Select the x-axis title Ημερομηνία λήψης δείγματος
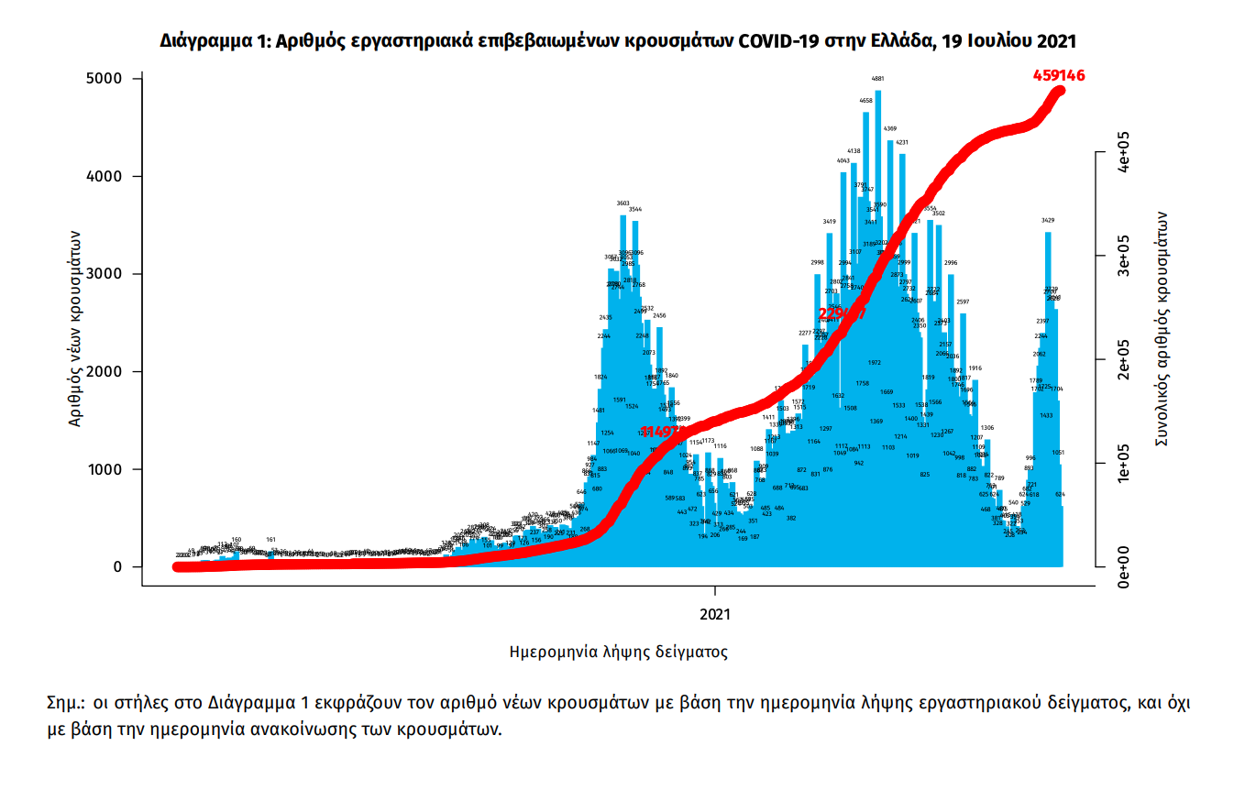click(x=618, y=653)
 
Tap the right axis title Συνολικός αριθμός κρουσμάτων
click(x=1161, y=328)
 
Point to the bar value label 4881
click(x=877, y=80)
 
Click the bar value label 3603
click(x=623, y=203)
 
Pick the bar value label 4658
click(x=865, y=101)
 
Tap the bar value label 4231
click(x=902, y=143)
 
